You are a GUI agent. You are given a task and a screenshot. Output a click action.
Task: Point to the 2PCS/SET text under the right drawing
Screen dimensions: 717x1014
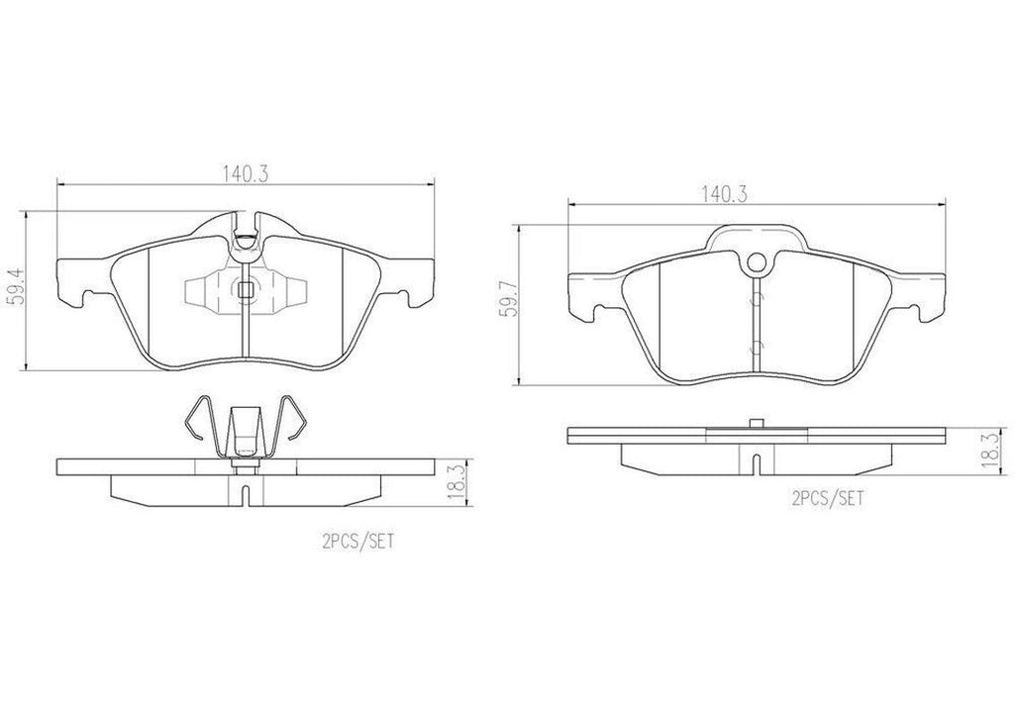pos(828,500)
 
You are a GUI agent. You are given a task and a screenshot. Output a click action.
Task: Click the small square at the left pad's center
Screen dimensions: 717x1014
pos(246,289)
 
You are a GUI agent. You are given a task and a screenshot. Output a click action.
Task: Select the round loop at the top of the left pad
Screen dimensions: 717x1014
pos(246,237)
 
